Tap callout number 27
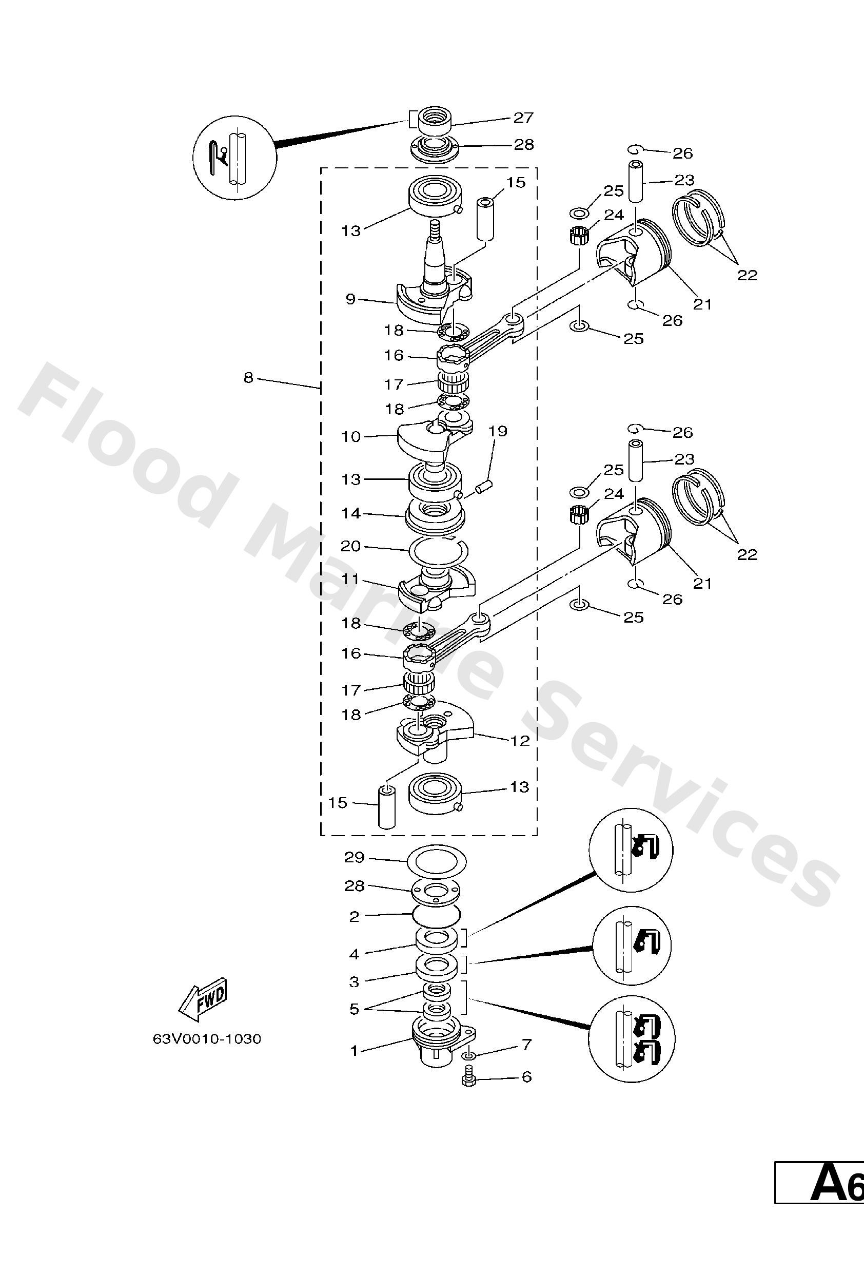click(x=523, y=118)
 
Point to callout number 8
click(x=248, y=377)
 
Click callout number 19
click(x=498, y=431)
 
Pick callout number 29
click(x=354, y=857)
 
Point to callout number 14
click(x=351, y=513)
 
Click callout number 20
click(x=350, y=546)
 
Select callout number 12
click(x=520, y=741)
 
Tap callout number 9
click(x=350, y=299)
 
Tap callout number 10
click(x=350, y=436)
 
